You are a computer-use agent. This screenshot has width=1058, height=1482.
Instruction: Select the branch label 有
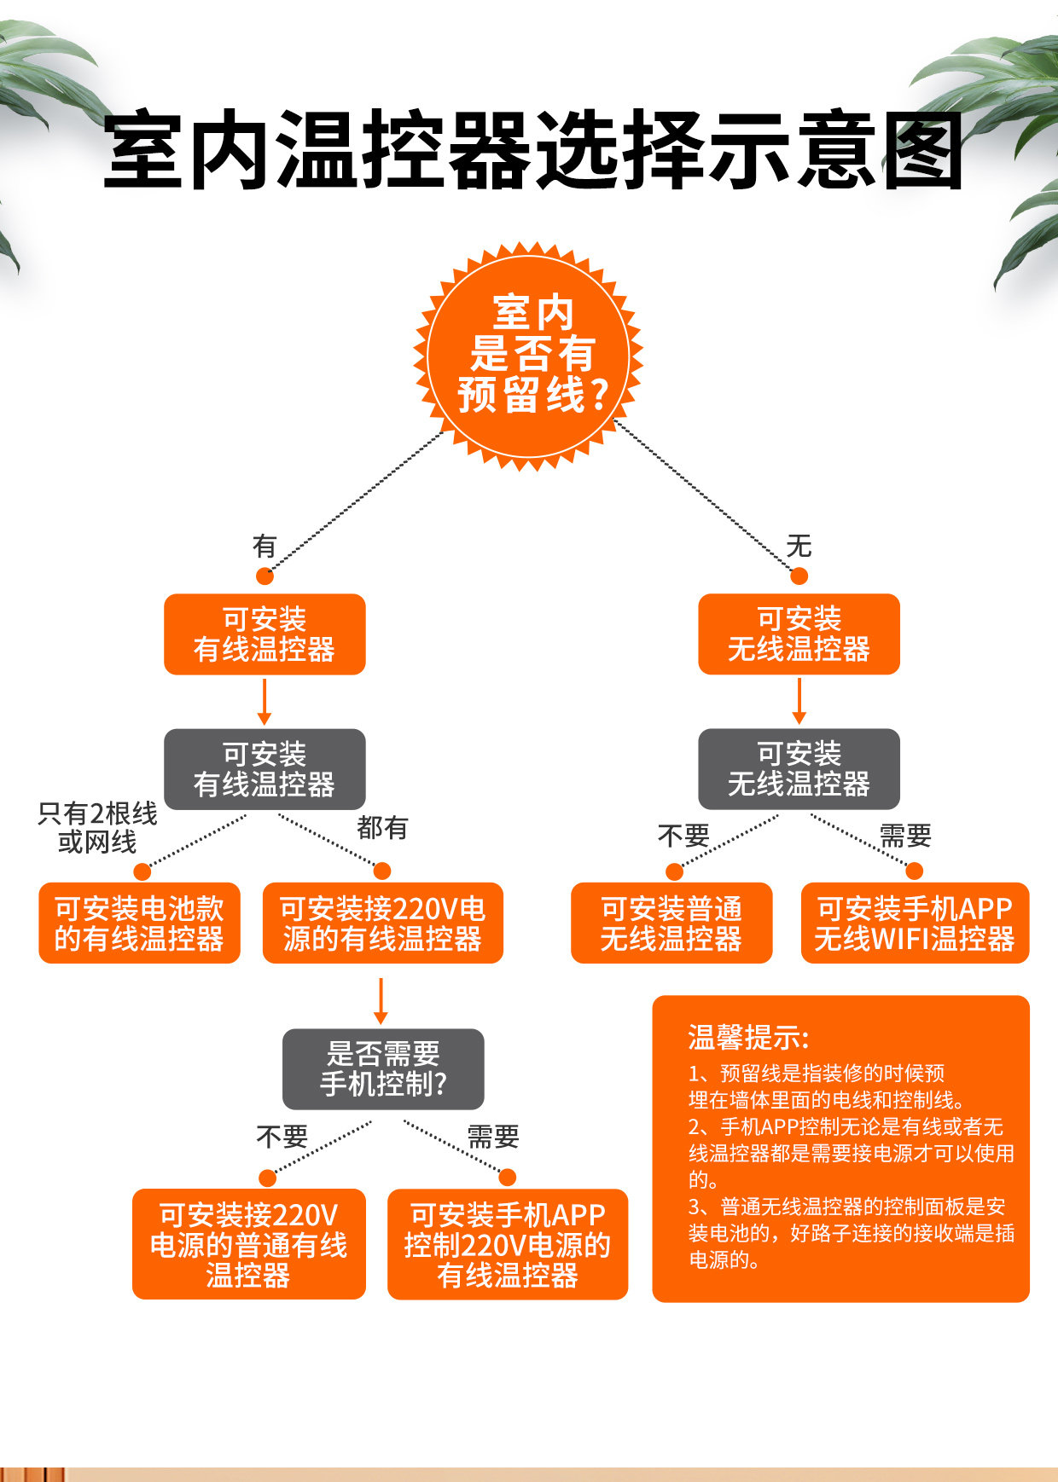pos(264,546)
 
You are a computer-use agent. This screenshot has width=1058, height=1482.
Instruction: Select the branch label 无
pos(799,546)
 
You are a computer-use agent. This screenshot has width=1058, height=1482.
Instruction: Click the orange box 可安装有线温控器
pos(264,634)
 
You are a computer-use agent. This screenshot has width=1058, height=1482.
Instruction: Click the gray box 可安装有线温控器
pos(264,769)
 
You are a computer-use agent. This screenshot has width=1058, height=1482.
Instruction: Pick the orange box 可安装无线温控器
pos(799,634)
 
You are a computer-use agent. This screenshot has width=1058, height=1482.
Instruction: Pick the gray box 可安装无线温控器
pos(799,769)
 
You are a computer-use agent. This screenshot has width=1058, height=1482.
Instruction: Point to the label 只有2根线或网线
pos(97,828)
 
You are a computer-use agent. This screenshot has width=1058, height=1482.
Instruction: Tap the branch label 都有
pos(382,827)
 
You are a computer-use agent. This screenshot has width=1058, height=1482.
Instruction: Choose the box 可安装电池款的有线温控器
pos(139,923)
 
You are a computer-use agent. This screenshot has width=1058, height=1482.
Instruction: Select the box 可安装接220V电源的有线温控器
pos(382,923)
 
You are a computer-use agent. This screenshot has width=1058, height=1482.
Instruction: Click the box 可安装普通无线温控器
pos(671,923)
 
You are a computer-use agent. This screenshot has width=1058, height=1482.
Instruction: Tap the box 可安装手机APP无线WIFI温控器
pos(915,923)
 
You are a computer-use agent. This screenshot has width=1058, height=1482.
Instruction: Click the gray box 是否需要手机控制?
pos(383,1069)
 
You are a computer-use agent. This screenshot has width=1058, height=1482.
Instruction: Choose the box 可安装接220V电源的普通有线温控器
pos(249,1244)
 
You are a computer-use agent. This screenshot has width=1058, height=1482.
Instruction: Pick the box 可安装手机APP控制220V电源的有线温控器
pos(508,1244)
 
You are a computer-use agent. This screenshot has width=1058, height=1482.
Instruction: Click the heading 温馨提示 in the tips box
pos(747,1038)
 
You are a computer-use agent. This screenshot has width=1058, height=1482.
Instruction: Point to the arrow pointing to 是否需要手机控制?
pos(381,1001)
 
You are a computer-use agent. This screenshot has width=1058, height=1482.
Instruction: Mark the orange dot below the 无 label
pos(799,576)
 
